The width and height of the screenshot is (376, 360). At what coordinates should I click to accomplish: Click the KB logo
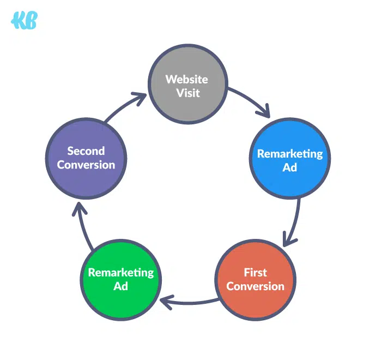[24, 20]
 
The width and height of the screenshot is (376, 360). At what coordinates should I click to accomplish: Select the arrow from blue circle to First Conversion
[294, 224]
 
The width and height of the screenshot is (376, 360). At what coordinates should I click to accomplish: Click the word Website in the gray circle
[187, 80]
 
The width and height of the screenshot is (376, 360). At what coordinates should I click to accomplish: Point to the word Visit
[187, 93]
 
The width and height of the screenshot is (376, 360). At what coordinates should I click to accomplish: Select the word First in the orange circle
[255, 272]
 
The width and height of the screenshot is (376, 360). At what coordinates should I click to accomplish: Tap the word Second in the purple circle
[86, 151]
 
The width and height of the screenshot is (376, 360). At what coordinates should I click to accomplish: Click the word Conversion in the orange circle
[255, 286]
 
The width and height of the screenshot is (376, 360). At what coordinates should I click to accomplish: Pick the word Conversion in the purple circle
[86, 164]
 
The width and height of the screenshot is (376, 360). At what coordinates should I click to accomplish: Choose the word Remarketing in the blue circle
[290, 154]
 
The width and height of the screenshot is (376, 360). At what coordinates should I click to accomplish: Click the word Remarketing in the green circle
[121, 272]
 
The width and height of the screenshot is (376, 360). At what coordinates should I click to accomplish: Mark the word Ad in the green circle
[121, 286]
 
